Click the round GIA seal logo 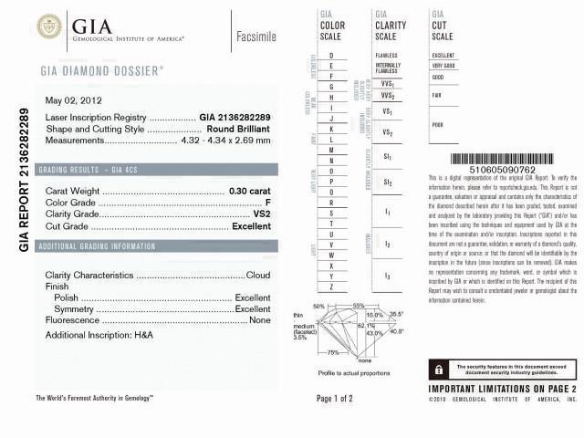click(49, 26)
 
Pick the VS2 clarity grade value click(261, 214)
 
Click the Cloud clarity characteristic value click(258, 275)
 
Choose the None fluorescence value click(260, 320)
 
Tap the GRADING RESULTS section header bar click(155, 171)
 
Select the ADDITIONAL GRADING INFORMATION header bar click(155, 246)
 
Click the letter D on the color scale click(331, 57)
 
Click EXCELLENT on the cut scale click(443, 56)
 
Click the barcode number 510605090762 click(502, 169)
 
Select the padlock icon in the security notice click(439, 370)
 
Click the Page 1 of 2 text click(334, 399)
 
